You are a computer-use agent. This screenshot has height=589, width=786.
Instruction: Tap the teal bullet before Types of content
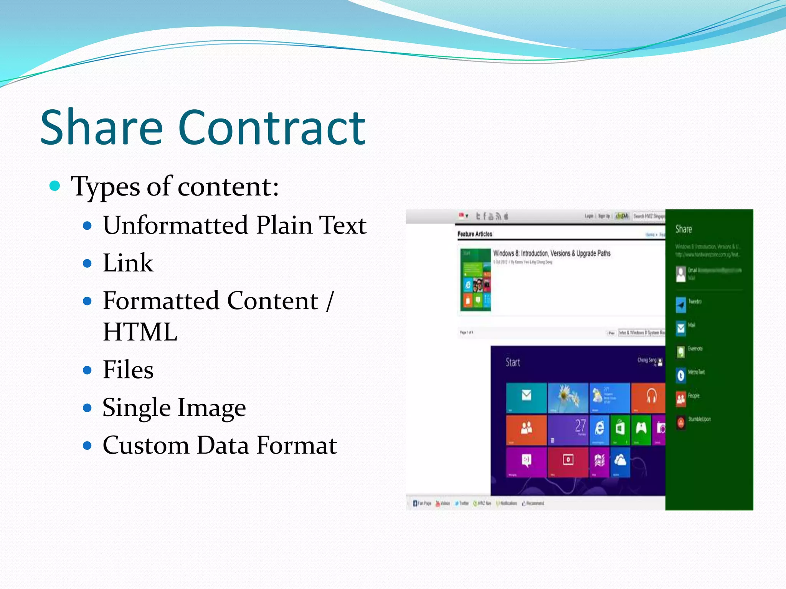tap(55, 186)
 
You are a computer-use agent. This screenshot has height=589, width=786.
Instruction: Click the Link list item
tap(128, 263)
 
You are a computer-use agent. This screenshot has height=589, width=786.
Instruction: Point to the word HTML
tap(140, 332)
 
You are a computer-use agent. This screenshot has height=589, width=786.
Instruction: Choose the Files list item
tap(128, 370)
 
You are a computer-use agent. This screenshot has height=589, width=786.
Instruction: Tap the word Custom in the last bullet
tap(146, 445)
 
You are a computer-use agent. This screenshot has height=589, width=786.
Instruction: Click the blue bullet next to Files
tap(88, 370)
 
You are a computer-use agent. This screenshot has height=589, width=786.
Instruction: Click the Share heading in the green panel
tap(684, 229)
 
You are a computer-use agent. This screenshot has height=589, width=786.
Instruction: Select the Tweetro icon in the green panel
tap(680, 305)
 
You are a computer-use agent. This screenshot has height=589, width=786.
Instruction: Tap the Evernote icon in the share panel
tap(680, 352)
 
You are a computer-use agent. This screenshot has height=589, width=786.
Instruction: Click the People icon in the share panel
tap(680, 399)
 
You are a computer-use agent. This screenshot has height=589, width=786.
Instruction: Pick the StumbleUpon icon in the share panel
tap(680, 423)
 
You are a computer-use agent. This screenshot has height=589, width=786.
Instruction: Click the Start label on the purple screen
tap(513, 362)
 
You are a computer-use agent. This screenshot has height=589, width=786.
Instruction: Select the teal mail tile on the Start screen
tap(526, 397)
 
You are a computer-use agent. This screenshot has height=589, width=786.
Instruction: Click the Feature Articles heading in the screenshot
tap(475, 234)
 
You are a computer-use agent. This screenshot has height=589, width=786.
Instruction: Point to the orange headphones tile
tap(648, 397)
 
